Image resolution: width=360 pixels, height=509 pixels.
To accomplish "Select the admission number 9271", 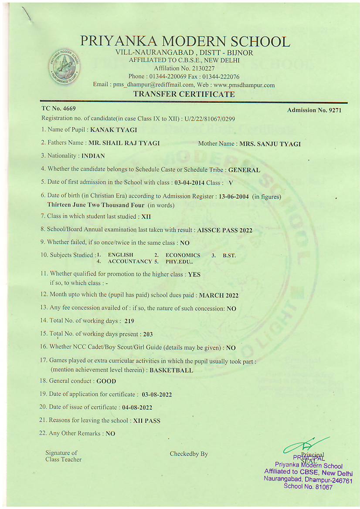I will click(x=334, y=110).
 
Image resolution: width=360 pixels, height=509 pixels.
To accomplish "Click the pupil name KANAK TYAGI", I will click(x=114, y=129).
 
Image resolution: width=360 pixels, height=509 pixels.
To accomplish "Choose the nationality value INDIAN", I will click(x=93, y=156).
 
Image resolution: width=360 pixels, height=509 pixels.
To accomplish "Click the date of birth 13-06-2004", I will click(x=234, y=197).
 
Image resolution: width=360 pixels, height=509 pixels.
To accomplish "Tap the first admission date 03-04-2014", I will click(x=189, y=183).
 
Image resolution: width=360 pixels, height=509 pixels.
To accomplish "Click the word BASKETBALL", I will click(x=171, y=371).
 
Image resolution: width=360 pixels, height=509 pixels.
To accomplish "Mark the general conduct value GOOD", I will click(x=106, y=381).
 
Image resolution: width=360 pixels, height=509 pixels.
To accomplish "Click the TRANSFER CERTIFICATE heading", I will click(x=184, y=94).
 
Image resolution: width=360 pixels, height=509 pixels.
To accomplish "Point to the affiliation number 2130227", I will click(x=200, y=68).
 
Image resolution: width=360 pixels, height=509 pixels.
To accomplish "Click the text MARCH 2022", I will click(x=219, y=295).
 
